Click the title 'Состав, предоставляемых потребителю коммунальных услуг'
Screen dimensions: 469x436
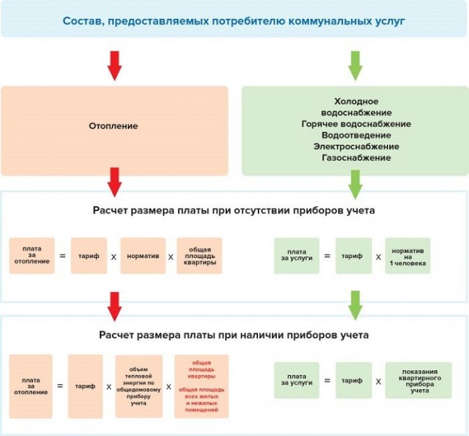coord(234,21)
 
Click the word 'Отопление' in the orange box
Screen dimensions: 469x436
coord(113,126)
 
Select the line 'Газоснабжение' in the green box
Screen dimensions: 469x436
coord(356,158)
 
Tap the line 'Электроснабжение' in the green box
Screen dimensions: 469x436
coord(356,147)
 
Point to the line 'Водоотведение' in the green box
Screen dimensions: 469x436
coord(356,135)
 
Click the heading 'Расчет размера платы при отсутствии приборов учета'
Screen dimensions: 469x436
coord(234,210)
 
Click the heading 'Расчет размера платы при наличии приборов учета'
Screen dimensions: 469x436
coord(234,335)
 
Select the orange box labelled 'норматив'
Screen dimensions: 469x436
coord(143,256)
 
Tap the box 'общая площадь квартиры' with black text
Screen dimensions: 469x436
coord(199,256)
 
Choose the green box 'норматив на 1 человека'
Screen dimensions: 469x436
coord(407,256)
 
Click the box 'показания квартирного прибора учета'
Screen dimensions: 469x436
coord(419,380)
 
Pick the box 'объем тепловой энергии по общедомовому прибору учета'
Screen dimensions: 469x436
coord(139,386)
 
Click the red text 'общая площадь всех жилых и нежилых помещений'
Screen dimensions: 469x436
coord(201,400)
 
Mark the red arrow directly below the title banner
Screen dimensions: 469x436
coord(115,66)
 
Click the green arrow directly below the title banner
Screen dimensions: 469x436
coord(355,66)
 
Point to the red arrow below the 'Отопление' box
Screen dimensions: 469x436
coord(115,182)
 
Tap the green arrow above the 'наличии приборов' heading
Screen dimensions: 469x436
coord(355,305)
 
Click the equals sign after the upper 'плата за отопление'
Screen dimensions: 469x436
coord(62,256)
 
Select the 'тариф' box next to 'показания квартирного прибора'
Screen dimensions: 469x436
coord(354,380)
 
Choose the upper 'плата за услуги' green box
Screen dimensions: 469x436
coord(297,256)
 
